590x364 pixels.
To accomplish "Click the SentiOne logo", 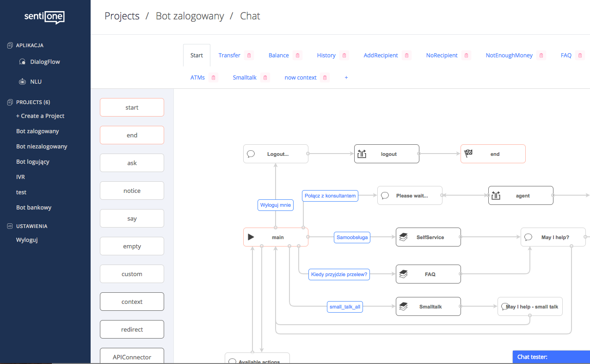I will [x=44, y=17].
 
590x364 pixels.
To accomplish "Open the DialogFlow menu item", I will [x=45, y=62].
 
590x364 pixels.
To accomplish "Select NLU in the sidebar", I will [x=36, y=82].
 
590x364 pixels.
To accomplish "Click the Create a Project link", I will [x=40, y=116].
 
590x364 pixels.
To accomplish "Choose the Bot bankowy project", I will [x=34, y=208].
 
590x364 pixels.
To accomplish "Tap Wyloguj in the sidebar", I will [x=27, y=240].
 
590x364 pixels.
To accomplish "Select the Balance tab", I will [x=278, y=56].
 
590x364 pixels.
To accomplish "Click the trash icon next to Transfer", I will [x=249, y=56].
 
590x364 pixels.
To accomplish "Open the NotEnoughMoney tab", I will [x=509, y=56].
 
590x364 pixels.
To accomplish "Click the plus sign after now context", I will [x=346, y=78].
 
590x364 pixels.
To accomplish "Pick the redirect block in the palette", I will [x=132, y=330].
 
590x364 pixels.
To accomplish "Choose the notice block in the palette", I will [x=132, y=191].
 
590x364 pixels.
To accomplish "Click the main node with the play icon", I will [x=276, y=237].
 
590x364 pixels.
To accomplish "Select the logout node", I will [x=387, y=154].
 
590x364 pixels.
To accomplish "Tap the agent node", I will [x=521, y=196].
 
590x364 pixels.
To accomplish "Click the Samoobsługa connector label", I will [x=352, y=238].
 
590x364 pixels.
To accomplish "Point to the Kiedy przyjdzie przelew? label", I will [x=339, y=275].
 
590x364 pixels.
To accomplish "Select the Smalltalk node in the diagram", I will [x=428, y=307].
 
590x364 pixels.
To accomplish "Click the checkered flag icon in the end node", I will [x=468, y=154].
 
